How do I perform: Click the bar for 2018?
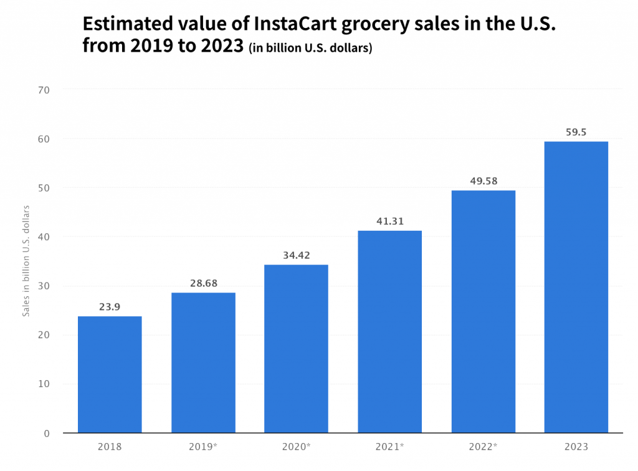[110, 375]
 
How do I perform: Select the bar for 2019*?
[203, 363]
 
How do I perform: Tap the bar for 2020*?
[296, 348]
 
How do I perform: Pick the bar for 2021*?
[389, 332]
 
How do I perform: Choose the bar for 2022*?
[483, 311]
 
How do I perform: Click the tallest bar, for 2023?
[576, 287]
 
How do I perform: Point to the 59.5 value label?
[576, 132]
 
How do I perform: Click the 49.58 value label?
[483, 181]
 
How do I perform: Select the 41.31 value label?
[389, 222]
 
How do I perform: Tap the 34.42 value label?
[296, 255]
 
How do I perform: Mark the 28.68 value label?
[203, 283]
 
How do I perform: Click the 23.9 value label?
[110, 307]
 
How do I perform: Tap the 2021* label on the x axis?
[390, 447]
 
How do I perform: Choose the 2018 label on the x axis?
[110, 447]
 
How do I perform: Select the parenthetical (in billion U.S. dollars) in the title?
[310, 49]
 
